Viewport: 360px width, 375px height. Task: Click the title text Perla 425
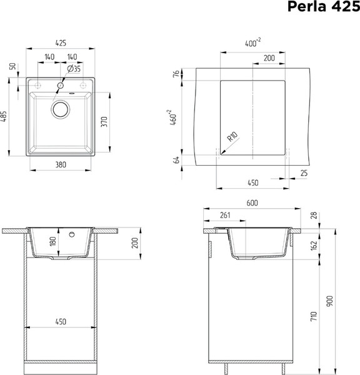[x=323, y=7]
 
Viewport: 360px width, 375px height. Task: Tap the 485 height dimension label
[x=4, y=117]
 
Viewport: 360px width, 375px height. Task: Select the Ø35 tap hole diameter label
[x=73, y=68]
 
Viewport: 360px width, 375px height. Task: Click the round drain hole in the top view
[x=61, y=110]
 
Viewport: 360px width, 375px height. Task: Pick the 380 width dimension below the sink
[x=61, y=166]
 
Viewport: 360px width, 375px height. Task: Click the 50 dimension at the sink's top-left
[x=12, y=66]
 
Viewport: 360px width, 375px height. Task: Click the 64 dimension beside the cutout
[x=176, y=160]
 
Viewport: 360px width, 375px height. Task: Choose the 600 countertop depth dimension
[x=252, y=203]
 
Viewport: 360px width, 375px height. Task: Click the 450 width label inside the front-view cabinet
[x=61, y=322]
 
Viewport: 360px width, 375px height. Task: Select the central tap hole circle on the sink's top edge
[x=61, y=84]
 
